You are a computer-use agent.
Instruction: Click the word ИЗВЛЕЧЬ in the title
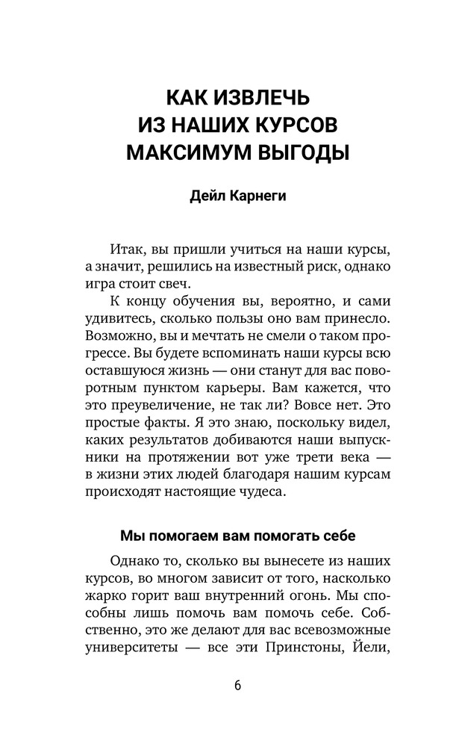click(255, 99)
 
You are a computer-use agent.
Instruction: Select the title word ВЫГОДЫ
click(299, 153)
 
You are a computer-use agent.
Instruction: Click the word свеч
click(176, 286)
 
